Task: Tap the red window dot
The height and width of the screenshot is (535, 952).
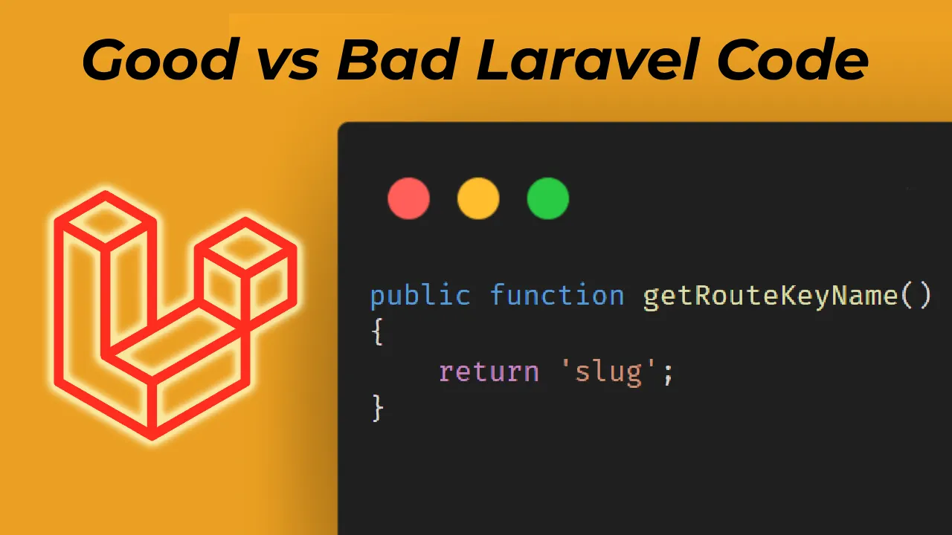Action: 408,199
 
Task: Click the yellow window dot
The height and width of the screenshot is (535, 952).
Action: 478,199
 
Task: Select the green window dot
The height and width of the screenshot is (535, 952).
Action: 548,199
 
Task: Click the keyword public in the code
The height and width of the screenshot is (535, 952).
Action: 420,296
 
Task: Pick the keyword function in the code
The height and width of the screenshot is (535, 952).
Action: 557,296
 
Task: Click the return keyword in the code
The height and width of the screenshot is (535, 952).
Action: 489,371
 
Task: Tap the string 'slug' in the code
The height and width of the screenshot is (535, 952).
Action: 600,371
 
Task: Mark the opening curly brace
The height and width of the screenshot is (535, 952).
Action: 378,334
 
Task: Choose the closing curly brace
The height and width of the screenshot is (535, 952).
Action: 378,408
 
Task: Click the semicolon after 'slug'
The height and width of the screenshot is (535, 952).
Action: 667,372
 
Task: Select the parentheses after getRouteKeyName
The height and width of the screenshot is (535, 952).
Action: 916,296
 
